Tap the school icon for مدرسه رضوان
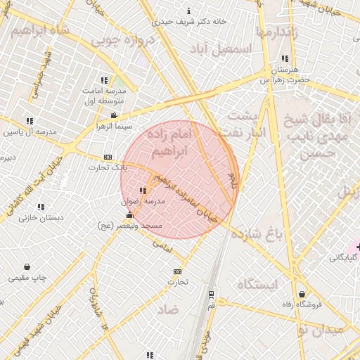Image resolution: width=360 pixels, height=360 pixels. tap(143, 191)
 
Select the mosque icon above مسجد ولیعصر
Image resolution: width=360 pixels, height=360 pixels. tap(128, 215)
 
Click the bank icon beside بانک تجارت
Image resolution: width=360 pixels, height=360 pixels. tap(108, 157)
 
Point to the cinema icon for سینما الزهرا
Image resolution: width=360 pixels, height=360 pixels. tap(114, 115)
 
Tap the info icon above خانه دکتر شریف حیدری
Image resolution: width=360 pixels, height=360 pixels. tap(188, 11)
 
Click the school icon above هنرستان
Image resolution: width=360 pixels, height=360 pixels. tap(284, 59)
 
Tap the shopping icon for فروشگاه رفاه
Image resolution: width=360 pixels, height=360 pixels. tap(302, 294)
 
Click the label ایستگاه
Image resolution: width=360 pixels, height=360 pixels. tap(258, 283)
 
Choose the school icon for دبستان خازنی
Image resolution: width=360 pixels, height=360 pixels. tap(41, 207)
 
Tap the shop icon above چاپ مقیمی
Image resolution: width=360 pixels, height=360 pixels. tap(27, 266)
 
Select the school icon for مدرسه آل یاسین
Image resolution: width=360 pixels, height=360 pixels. tap(30, 121)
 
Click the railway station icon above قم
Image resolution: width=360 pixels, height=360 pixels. tap(211, 295)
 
